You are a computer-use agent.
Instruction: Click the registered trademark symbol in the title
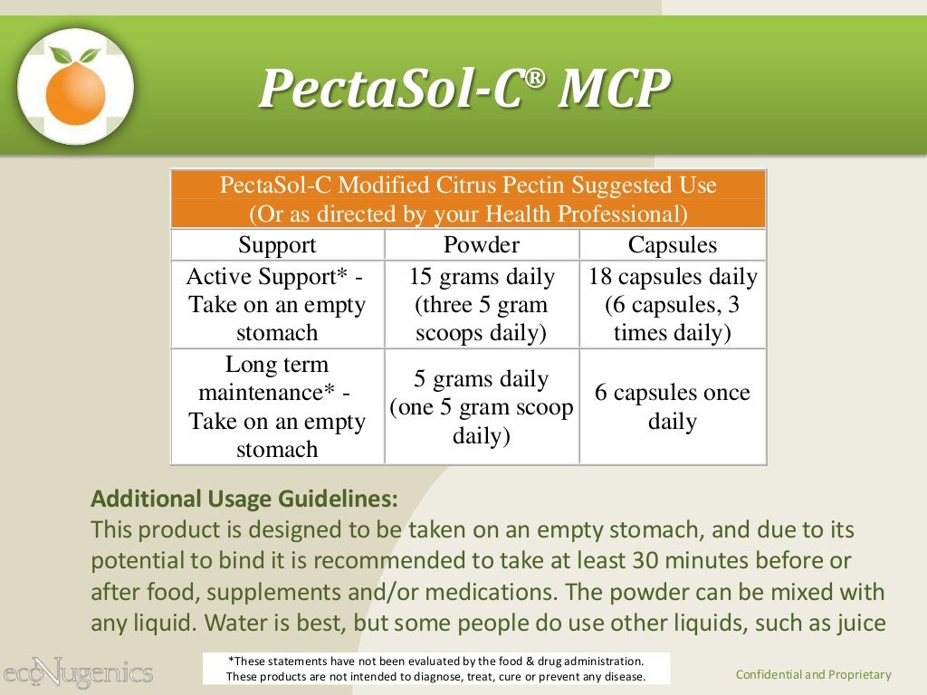[537, 76]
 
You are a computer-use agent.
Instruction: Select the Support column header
[277, 245]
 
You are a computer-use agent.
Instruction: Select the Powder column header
[481, 245]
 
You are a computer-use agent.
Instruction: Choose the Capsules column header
[672, 245]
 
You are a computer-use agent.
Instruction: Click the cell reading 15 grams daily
[481, 304]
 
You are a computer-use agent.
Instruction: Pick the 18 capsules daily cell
[672, 304]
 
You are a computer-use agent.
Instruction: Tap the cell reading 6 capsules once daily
[672, 406]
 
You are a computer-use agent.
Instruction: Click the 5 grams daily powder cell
[481, 406]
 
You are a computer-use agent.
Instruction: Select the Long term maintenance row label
[277, 406]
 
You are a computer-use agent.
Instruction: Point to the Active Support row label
[277, 304]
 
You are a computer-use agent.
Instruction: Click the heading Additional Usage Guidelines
[244, 499]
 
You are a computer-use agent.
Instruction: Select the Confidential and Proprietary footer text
[813, 674]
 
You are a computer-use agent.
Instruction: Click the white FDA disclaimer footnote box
[435, 669]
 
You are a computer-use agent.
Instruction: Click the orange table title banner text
[468, 200]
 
